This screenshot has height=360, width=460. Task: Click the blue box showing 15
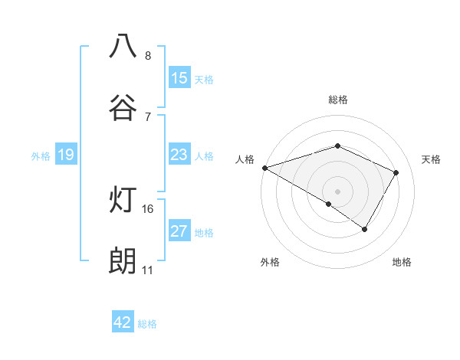(x=179, y=78)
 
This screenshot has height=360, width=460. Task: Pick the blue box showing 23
(x=179, y=155)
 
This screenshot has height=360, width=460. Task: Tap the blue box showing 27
(x=179, y=231)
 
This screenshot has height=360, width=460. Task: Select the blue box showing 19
(x=66, y=155)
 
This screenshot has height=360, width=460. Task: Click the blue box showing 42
(x=123, y=322)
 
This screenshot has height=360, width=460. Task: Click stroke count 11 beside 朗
(x=148, y=270)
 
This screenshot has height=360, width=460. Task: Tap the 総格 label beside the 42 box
(x=147, y=324)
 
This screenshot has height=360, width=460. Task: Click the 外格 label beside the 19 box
(x=41, y=156)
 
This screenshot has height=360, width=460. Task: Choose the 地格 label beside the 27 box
(x=204, y=233)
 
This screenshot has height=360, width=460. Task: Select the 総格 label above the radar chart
(x=338, y=100)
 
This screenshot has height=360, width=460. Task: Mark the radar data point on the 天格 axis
(x=396, y=172)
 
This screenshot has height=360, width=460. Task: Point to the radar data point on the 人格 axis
(x=264, y=168)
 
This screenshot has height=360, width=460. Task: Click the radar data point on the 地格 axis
(x=365, y=228)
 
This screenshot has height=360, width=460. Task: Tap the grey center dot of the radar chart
(x=337, y=191)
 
